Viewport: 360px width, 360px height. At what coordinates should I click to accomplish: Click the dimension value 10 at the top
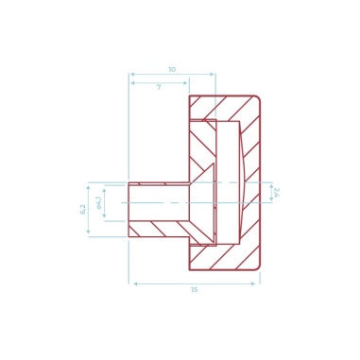(171, 69)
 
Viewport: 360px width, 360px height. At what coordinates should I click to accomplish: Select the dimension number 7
(159, 87)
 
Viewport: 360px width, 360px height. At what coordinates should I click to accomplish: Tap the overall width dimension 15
(194, 289)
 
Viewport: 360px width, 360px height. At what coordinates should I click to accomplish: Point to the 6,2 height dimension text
(82, 209)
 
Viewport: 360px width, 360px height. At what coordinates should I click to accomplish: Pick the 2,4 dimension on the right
(276, 193)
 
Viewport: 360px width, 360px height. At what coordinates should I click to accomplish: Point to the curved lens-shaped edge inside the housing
(245, 180)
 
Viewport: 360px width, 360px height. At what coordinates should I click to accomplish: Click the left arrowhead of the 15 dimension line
(132, 283)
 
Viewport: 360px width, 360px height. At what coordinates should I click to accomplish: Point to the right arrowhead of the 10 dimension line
(213, 75)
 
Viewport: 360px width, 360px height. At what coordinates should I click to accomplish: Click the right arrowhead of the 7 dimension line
(186, 83)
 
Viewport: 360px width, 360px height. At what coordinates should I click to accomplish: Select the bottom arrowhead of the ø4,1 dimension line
(104, 218)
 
